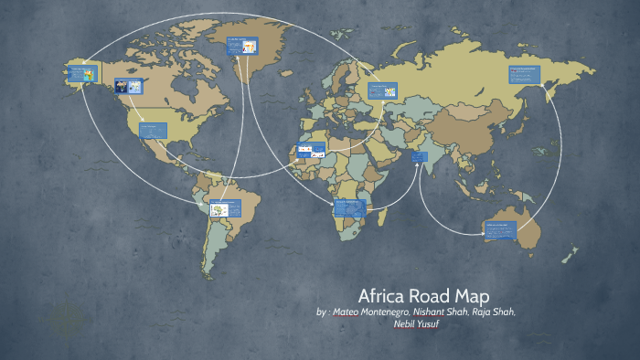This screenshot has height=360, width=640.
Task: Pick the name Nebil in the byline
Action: [x=405, y=323]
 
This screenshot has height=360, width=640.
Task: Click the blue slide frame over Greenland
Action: [x=241, y=45]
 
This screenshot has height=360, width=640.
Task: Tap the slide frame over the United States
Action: [x=153, y=130]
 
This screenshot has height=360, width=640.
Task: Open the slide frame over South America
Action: [x=225, y=209]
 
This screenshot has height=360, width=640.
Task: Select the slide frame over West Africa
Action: [x=311, y=151]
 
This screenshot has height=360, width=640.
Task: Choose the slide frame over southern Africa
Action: [x=350, y=207]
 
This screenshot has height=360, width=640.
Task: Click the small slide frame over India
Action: [x=419, y=157]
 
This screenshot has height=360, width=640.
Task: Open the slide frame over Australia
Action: [x=500, y=229]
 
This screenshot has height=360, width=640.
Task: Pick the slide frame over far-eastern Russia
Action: [x=525, y=72]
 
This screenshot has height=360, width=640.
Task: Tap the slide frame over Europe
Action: [x=382, y=90]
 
